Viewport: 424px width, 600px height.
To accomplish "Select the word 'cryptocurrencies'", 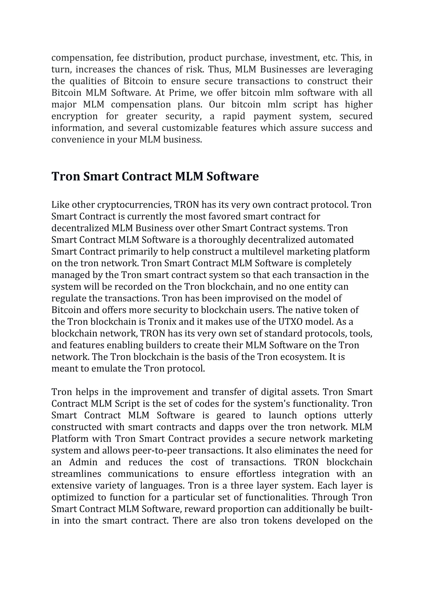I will (x=134, y=205).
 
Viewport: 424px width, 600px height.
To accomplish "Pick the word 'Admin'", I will (x=83, y=462).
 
